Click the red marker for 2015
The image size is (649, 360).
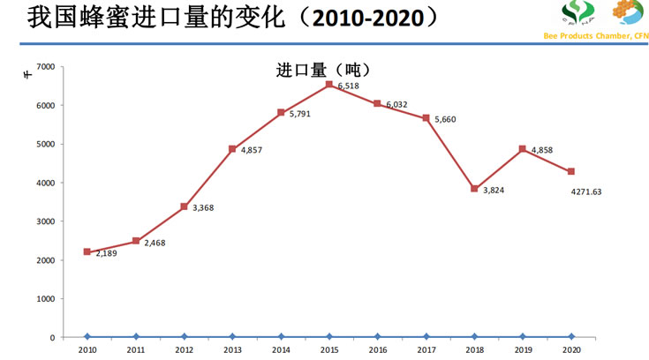pos(329,85)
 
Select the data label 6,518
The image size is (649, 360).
pos(348,86)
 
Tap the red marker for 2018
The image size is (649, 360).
pos(474,188)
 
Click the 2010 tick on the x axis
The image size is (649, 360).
pos(87,349)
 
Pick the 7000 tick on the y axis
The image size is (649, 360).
pos(46,67)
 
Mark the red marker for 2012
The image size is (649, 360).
pos(184,206)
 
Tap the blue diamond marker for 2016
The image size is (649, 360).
pos(378,336)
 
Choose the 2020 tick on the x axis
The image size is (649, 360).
pos(571,349)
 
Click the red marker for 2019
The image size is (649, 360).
pos(523,149)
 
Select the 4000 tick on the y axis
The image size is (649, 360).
pos(46,183)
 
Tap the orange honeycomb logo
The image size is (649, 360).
pos(629,12)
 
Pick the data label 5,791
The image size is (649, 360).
pos(302,114)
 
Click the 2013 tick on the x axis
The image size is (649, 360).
pos(232,349)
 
